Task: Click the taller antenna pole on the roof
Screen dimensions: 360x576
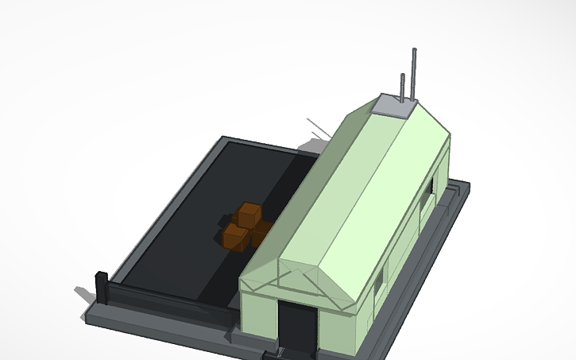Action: click(x=414, y=75)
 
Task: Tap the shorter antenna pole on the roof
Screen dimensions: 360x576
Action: click(x=403, y=87)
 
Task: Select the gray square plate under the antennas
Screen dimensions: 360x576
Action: click(x=392, y=106)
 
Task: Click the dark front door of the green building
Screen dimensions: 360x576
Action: click(x=297, y=326)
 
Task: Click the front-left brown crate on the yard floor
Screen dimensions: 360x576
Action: click(x=235, y=236)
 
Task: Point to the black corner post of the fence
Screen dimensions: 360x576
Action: click(x=101, y=287)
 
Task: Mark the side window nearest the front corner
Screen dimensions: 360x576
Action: click(x=379, y=278)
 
